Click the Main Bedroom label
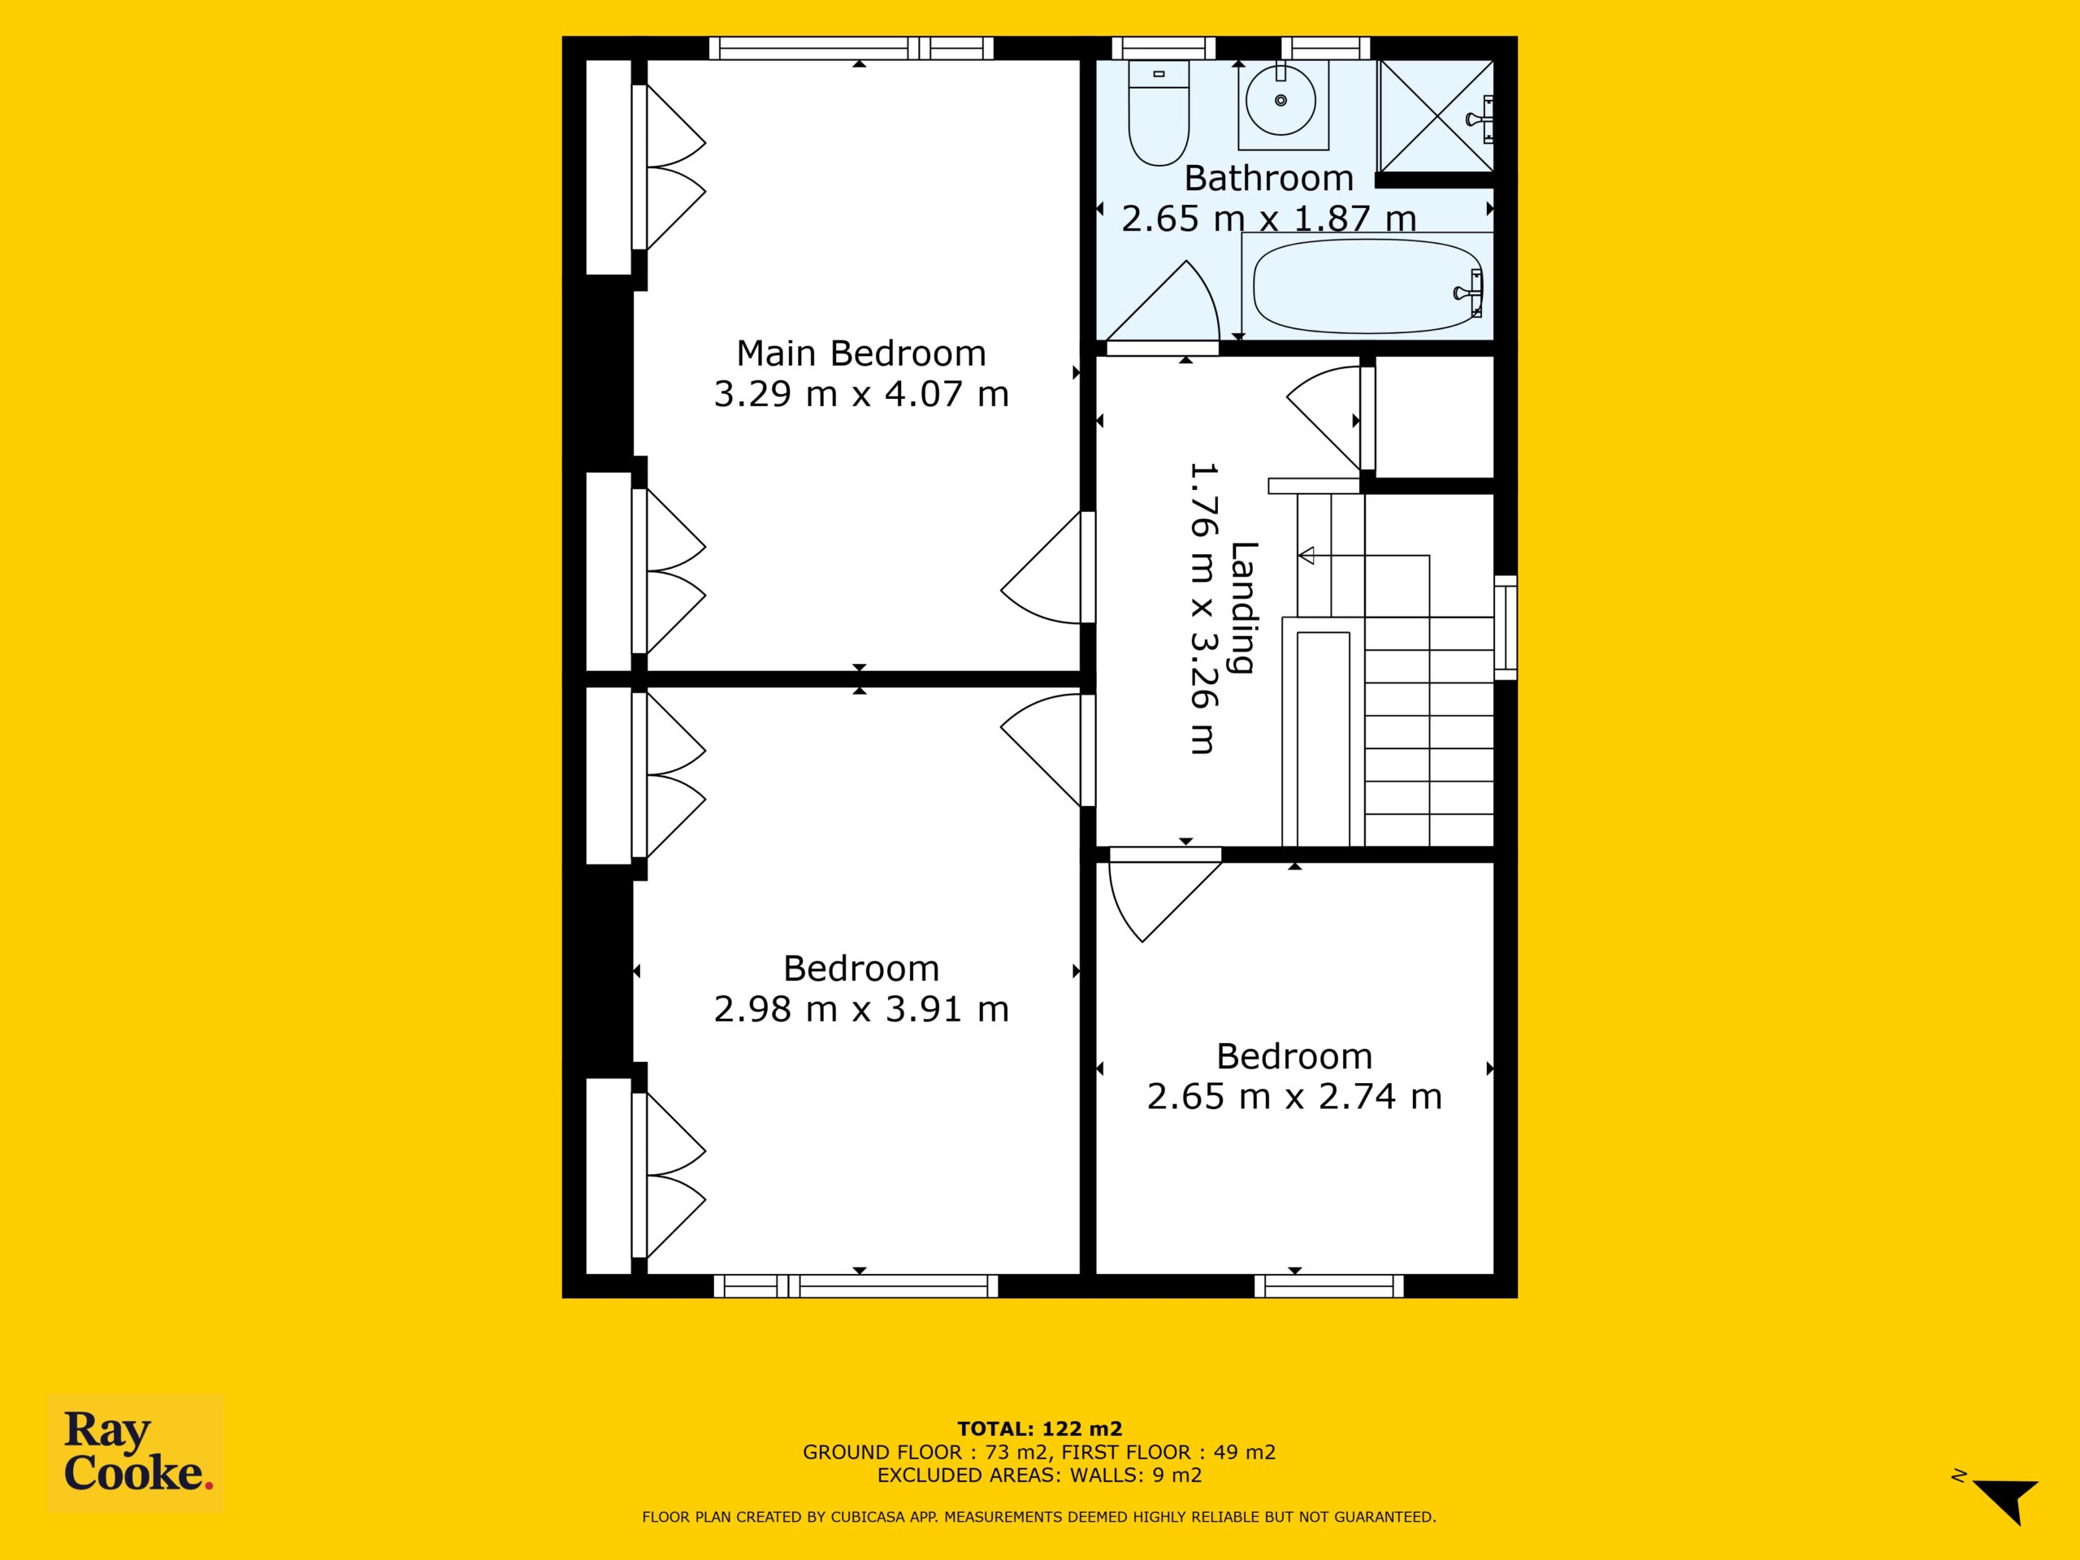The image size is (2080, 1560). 861,353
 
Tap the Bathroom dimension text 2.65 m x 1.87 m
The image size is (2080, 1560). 1268,218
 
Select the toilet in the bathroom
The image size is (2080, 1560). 1159,113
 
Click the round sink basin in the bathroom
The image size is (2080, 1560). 1280,100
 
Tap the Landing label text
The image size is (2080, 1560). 1244,609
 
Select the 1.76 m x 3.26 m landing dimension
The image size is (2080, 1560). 1202,609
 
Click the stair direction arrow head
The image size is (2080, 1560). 1306,555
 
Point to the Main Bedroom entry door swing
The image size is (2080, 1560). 1041,568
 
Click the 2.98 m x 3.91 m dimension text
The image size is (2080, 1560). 861,1009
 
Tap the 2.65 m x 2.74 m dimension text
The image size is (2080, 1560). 1293,1096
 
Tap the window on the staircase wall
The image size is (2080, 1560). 1506,627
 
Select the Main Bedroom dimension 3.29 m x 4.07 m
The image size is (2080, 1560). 861,393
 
